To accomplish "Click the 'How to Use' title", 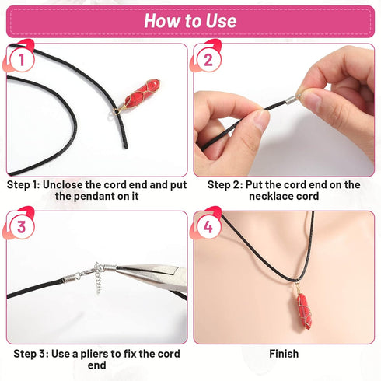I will tap(190, 21).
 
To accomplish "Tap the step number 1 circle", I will tap(21, 59).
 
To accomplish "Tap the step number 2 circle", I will tap(208, 59).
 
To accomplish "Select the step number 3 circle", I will tap(21, 227).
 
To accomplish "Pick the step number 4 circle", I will tap(208, 227).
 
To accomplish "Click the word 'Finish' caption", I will tap(283, 354).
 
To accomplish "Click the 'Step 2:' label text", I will tap(225, 185).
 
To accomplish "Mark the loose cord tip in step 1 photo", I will tap(123, 145).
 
